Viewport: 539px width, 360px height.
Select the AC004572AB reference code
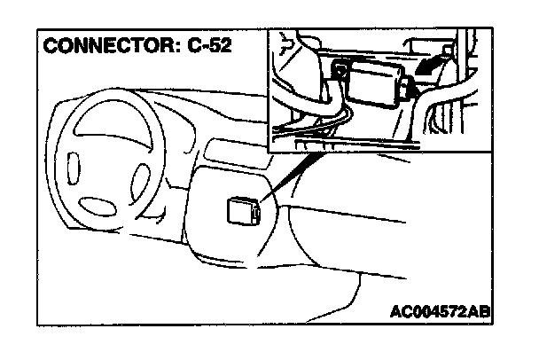440,311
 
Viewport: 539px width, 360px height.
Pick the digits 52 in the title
222,46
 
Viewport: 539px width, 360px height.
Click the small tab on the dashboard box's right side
256,212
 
